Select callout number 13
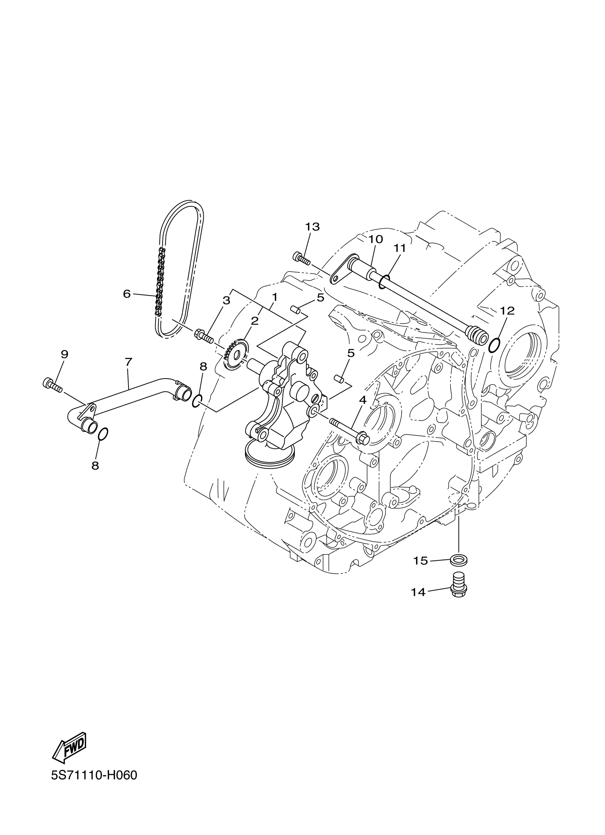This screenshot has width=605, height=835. coord(312,227)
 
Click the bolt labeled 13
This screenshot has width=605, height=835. coord(301,258)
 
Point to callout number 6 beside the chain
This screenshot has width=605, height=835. coord(127,294)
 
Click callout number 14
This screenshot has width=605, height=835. coord(419,592)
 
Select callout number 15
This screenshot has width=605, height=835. coord(420,561)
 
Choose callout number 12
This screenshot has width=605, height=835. coord(507,311)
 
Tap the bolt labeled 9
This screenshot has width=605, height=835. coord(53,385)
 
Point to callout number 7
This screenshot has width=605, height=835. coord(128,362)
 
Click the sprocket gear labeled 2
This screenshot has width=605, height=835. coord(234,355)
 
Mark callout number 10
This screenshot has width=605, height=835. coord(375,239)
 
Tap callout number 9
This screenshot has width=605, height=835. coord(64,355)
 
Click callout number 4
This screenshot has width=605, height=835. coord(363,400)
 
